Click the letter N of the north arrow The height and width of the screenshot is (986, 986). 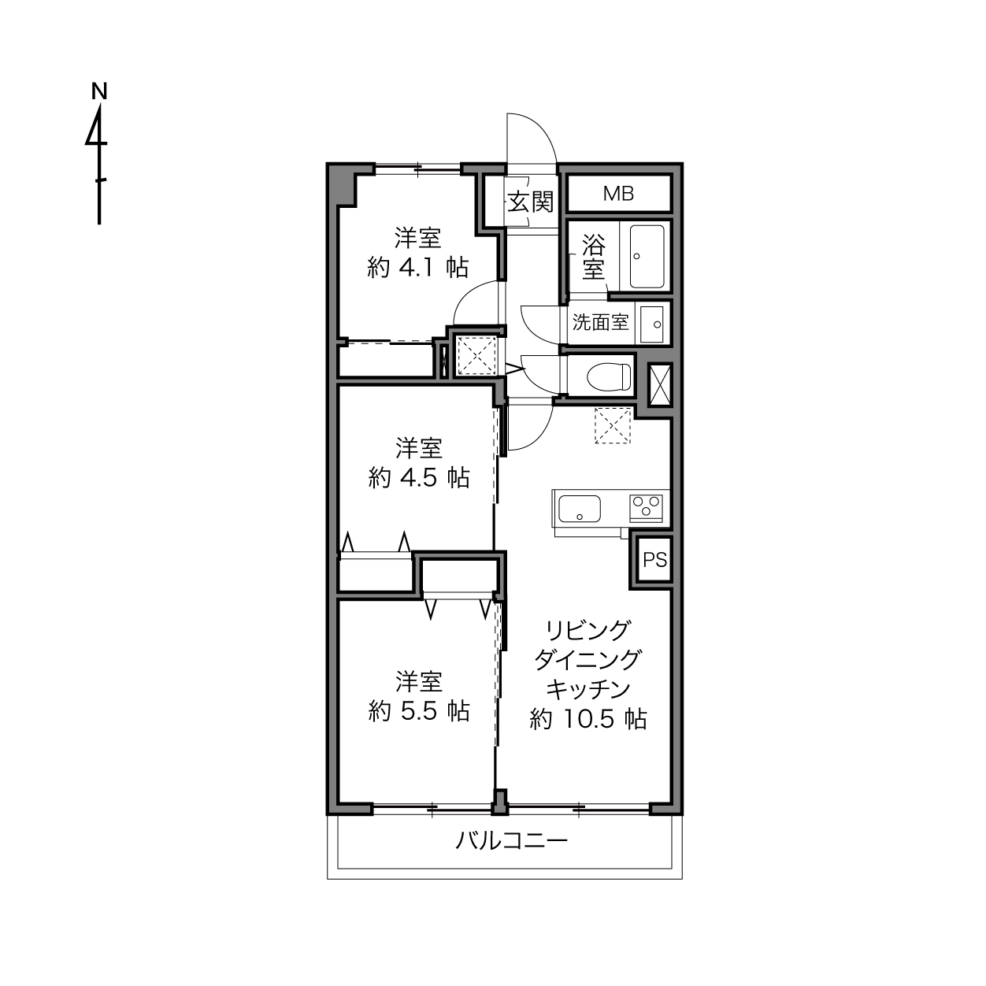99,91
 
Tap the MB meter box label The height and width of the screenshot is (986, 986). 619,194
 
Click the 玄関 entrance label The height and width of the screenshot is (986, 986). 531,202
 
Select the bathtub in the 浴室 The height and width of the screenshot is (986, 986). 647,257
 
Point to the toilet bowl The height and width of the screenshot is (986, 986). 609,376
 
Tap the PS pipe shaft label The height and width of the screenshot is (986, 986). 655,560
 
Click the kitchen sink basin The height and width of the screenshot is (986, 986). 579,509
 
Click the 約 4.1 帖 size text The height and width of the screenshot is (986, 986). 417,267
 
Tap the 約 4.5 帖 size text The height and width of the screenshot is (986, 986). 418,477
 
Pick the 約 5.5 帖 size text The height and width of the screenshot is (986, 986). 418,710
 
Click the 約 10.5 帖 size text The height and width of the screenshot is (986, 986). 588,718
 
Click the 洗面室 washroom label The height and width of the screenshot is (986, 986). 600,322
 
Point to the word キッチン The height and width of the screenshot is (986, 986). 588,689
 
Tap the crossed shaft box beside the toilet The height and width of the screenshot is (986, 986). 659,385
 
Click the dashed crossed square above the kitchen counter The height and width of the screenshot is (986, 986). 613,426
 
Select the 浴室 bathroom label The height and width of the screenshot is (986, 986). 593,257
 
